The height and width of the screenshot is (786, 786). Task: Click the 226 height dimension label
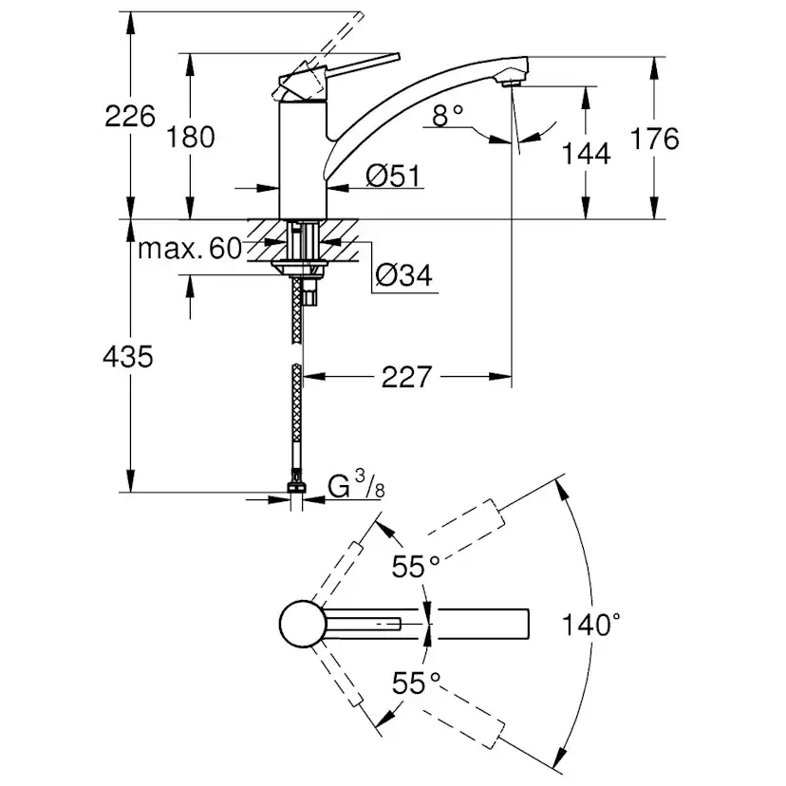[x=130, y=117]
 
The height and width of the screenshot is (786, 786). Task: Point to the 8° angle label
[x=448, y=116]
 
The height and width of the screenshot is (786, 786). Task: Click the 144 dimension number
[x=585, y=152]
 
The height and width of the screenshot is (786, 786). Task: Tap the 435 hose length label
[x=128, y=357]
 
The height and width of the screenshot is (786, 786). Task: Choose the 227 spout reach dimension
[x=407, y=377]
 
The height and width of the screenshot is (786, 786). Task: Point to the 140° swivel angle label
[x=590, y=625]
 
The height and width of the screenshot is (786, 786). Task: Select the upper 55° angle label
[x=417, y=567]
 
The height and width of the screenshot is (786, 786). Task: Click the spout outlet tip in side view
[x=514, y=81]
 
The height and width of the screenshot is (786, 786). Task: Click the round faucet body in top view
[x=301, y=625]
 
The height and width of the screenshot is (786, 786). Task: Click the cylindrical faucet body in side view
[x=302, y=161]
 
